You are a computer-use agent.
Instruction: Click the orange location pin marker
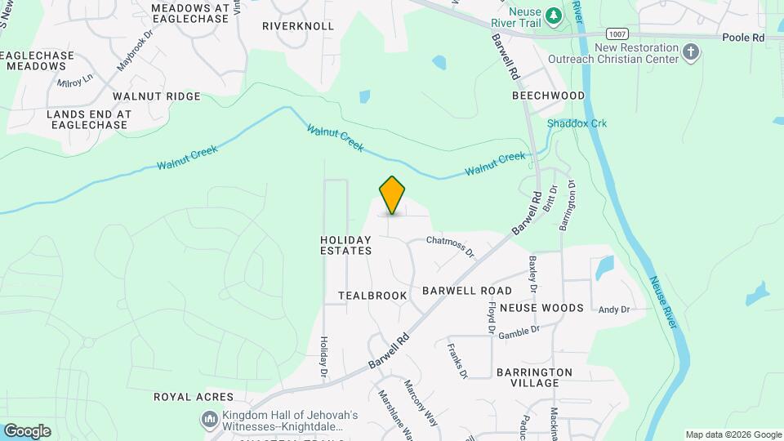pyautogui.click(x=393, y=194)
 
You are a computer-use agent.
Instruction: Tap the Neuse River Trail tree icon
pyautogui.click(x=553, y=15)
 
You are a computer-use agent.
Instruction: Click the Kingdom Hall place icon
pyautogui.click(x=210, y=420)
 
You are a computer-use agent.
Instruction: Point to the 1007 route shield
pyautogui.click(x=617, y=33)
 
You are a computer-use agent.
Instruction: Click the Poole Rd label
pyautogui.click(x=743, y=38)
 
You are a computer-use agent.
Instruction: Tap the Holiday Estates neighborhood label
pyautogui.click(x=345, y=245)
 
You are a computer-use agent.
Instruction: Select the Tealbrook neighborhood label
pyautogui.click(x=372, y=295)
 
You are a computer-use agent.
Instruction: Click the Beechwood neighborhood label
pyautogui.click(x=548, y=96)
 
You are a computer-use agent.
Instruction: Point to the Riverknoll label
pyautogui.click(x=298, y=26)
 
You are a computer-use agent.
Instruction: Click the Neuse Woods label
pyautogui.click(x=541, y=308)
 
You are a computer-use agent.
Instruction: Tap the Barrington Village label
pyautogui.click(x=533, y=377)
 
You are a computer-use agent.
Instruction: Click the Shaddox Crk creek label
pyautogui.click(x=577, y=123)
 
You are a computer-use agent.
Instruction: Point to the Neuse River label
pyautogui.click(x=663, y=301)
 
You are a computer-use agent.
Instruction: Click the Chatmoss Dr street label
pyautogui.click(x=450, y=246)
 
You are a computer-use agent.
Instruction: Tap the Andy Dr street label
pyautogui.click(x=614, y=310)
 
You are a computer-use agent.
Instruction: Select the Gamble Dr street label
pyautogui.click(x=519, y=332)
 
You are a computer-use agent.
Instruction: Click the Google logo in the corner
pyautogui.click(x=27, y=430)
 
